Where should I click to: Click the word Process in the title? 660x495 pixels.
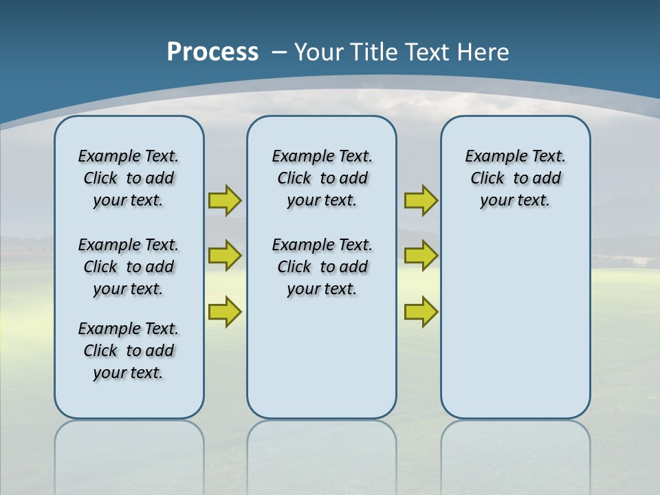212,52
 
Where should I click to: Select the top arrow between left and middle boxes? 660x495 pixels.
225,200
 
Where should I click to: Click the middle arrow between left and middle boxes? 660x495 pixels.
225,256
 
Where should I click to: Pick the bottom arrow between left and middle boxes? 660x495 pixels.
225,311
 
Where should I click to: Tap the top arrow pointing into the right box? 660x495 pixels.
421,200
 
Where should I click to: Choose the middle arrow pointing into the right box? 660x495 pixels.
421,256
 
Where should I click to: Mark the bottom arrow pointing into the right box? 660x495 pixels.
421,311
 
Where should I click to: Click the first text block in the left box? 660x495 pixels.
129,178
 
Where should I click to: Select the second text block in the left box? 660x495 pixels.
129,267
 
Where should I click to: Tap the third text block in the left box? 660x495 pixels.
129,351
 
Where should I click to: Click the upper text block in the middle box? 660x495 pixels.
322,178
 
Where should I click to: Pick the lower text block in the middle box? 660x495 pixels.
322,267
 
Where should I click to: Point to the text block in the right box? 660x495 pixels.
516,178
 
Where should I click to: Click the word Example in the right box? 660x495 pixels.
490,156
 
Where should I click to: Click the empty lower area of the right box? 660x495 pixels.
516,330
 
